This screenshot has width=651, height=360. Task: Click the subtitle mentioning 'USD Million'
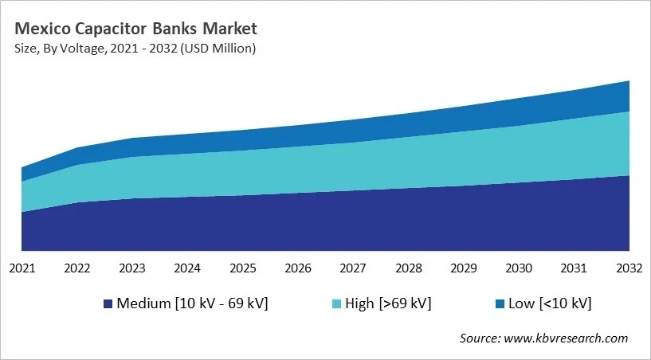tap(135, 49)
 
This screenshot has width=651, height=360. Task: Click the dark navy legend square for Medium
tap(108, 303)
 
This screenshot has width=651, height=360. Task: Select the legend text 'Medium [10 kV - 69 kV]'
tap(192, 303)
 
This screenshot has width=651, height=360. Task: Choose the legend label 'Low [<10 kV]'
tap(551, 303)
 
